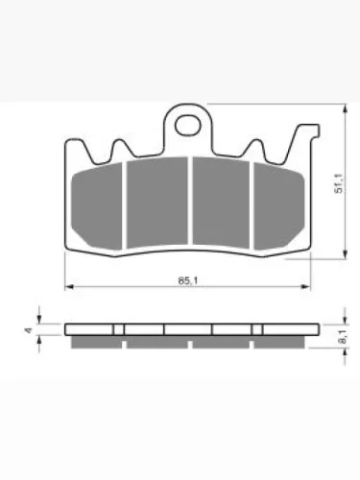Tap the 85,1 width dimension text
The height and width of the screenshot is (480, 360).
coord(188,280)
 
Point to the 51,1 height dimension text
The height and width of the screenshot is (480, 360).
coord(338,183)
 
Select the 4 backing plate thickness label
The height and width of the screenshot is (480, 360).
coord(29,330)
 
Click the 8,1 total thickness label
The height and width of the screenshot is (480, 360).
coord(342,337)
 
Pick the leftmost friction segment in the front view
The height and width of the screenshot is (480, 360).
coord(96,205)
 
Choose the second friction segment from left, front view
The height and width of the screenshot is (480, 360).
coord(157,203)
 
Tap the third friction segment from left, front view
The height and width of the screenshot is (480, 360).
coord(221,203)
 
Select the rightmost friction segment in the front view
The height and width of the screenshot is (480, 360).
coord(279,205)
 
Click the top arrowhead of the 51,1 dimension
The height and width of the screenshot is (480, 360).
coord(345,108)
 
